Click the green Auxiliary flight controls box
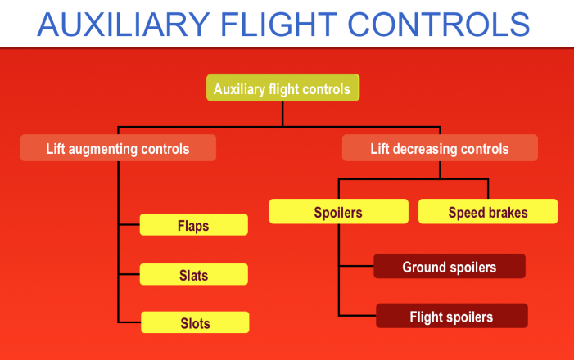tap(282, 89)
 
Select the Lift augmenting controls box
tap(119, 148)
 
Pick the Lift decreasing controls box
tap(440, 148)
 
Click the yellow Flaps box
tap(194, 225)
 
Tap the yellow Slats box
tap(194, 275)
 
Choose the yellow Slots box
tap(195, 322)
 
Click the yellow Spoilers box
tap(338, 213)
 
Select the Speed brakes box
tap(488, 213)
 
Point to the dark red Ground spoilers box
tap(449, 267)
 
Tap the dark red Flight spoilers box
tap(452, 317)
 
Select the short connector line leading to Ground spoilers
tap(356, 266)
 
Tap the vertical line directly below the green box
tap(282, 114)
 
